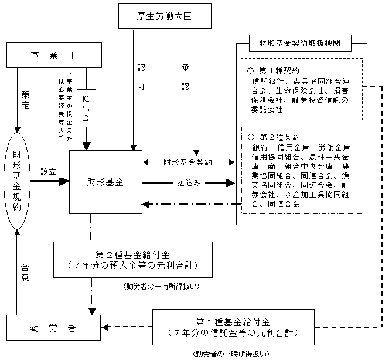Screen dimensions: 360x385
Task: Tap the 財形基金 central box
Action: (106, 182)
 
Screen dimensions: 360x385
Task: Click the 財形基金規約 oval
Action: (18, 180)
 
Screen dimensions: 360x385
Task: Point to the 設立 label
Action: (48, 172)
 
